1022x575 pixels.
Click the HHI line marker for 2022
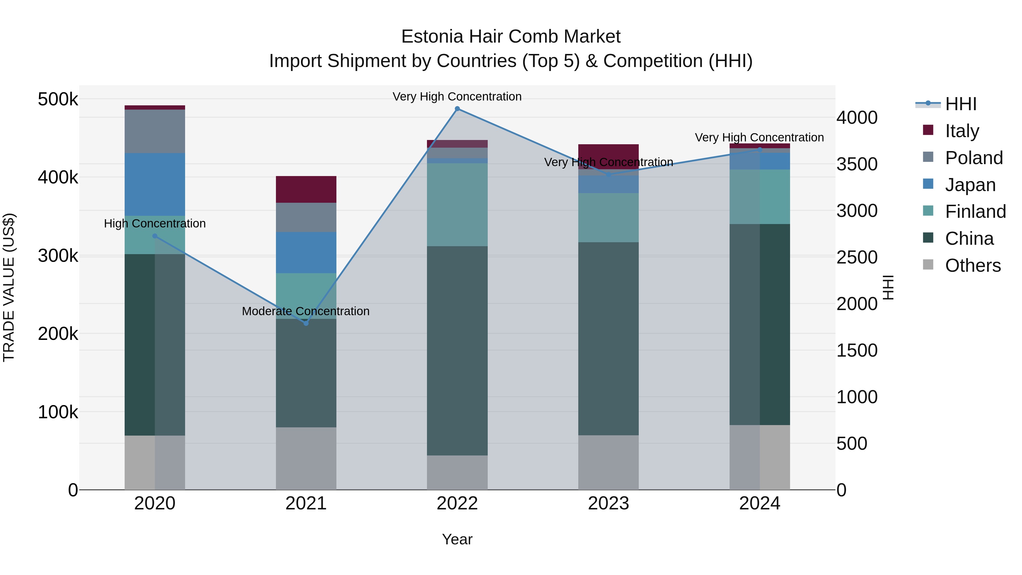(457, 109)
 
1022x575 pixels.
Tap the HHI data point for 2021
(306, 323)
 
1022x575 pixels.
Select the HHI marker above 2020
(155, 236)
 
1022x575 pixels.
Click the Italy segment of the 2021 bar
(306, 189)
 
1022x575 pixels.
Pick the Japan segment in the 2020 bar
(155, 185)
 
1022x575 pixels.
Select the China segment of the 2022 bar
(457, 350)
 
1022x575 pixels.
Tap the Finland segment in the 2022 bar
(457, 204)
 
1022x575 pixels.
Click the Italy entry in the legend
(962, 131)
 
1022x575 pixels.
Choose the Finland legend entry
(975, 212)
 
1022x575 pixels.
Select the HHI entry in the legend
(960, 104)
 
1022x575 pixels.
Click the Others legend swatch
(928, 265)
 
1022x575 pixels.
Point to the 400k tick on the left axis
(58, 177)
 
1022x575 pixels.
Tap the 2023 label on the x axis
(608, 503)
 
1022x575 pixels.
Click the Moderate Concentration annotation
(305, 311)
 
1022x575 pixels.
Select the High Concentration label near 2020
(155, 223)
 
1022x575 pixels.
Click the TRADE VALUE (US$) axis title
(9, 287)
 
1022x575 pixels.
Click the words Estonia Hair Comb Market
(511, 37)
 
